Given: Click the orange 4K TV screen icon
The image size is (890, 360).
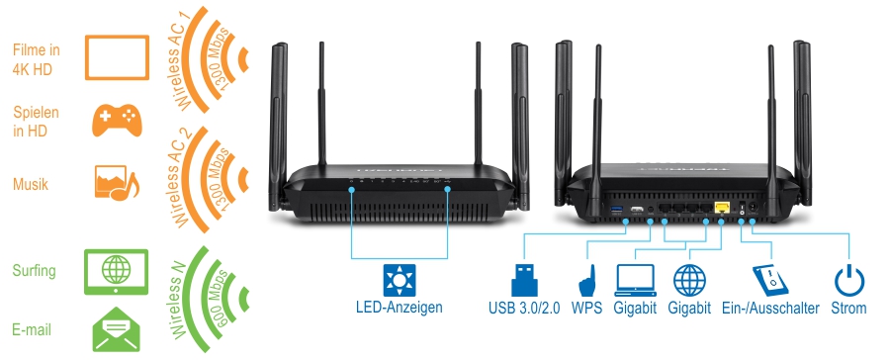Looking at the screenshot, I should click(x=117, y=55).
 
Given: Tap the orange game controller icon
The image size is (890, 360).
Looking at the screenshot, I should click(x=118, y=120).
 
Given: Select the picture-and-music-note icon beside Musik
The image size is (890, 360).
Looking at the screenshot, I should click(x=117, y=183).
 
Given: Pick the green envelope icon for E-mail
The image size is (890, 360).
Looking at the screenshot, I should click(x=117, y=329).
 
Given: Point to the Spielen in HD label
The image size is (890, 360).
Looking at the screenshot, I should click(x=37, y=121).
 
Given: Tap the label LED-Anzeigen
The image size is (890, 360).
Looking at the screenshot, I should click(x=400, y=308).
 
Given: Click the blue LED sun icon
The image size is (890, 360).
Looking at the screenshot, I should click(x=400, y=278).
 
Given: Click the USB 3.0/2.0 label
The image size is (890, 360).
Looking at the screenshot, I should click(x=524, y=309).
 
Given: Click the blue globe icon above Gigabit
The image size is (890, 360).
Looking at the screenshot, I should click(x=689, y=278).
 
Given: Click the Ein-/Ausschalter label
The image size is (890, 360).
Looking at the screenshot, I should click(x=771, y=309).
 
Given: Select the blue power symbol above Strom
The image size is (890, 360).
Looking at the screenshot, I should click(x=848, y=278).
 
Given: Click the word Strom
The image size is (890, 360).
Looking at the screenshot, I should click(x=848, y=309).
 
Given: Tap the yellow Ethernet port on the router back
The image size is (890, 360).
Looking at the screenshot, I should click(x=721, y=207).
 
